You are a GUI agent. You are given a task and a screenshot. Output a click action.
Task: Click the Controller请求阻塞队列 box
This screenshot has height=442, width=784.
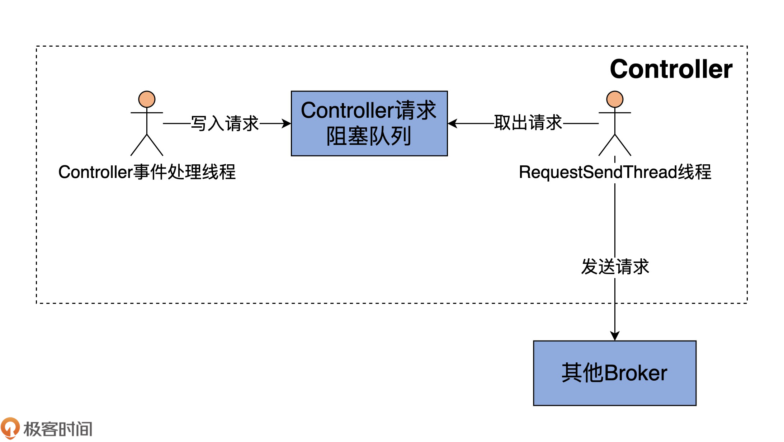pyautogui.click(x=369, y=123)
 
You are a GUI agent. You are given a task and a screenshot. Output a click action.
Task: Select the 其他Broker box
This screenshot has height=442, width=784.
pyautogui.click(x=614, y=373)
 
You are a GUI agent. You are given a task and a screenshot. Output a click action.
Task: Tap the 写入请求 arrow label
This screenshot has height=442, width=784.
pyautogui.click(x=225, y=123)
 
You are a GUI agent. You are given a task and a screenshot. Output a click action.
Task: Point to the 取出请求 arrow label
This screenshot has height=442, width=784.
pyautogui.click(x=528, y=123)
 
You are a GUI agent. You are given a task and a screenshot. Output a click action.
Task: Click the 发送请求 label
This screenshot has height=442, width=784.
pyautogui.click(x=615, y=267)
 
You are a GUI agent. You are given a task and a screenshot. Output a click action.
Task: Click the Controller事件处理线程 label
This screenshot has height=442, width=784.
pyautogui.click(x=147, y=172)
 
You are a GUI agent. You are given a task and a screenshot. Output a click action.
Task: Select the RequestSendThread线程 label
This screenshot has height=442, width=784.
pyautogui.click(x=615, y=172)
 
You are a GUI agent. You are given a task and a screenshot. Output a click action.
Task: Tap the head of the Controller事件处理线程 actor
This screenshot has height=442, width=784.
pyautogui.click(x=147, y=99)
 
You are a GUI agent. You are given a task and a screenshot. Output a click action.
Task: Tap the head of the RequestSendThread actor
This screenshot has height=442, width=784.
pyautogui.click(x=615, y=99)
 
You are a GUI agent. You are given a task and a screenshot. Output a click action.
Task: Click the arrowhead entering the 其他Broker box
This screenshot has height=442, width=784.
pyautogui.click(x=615, y=336)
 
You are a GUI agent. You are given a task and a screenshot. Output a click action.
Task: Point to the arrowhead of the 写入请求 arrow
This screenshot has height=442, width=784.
pyautogui.click(x=286, y=123)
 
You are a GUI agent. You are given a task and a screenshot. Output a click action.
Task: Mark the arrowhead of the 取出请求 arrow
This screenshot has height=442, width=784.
pyautogui.click(x=453, y=123)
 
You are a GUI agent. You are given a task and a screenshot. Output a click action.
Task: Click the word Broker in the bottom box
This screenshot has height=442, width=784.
pyautogui.click(x=636, y=373)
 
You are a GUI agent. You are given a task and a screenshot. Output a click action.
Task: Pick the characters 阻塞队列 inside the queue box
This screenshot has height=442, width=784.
pyautogui.click(x=369, y=136)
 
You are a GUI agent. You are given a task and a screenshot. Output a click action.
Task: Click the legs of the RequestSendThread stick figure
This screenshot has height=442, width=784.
pyautogui.click(x=615, y=145)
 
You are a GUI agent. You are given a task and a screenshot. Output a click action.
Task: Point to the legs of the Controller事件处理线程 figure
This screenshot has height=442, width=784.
pyautogui.click(x=147, y=145)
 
